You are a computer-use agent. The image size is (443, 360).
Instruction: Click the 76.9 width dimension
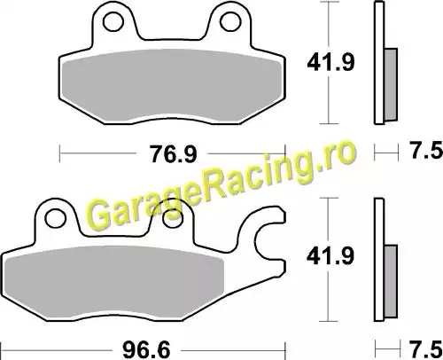pos(174,154)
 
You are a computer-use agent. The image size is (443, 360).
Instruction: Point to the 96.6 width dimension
pos(146,350)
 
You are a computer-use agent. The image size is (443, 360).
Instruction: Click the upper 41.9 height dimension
pos(330,62)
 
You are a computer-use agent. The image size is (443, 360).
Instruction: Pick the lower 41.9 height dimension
pos(330,256)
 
